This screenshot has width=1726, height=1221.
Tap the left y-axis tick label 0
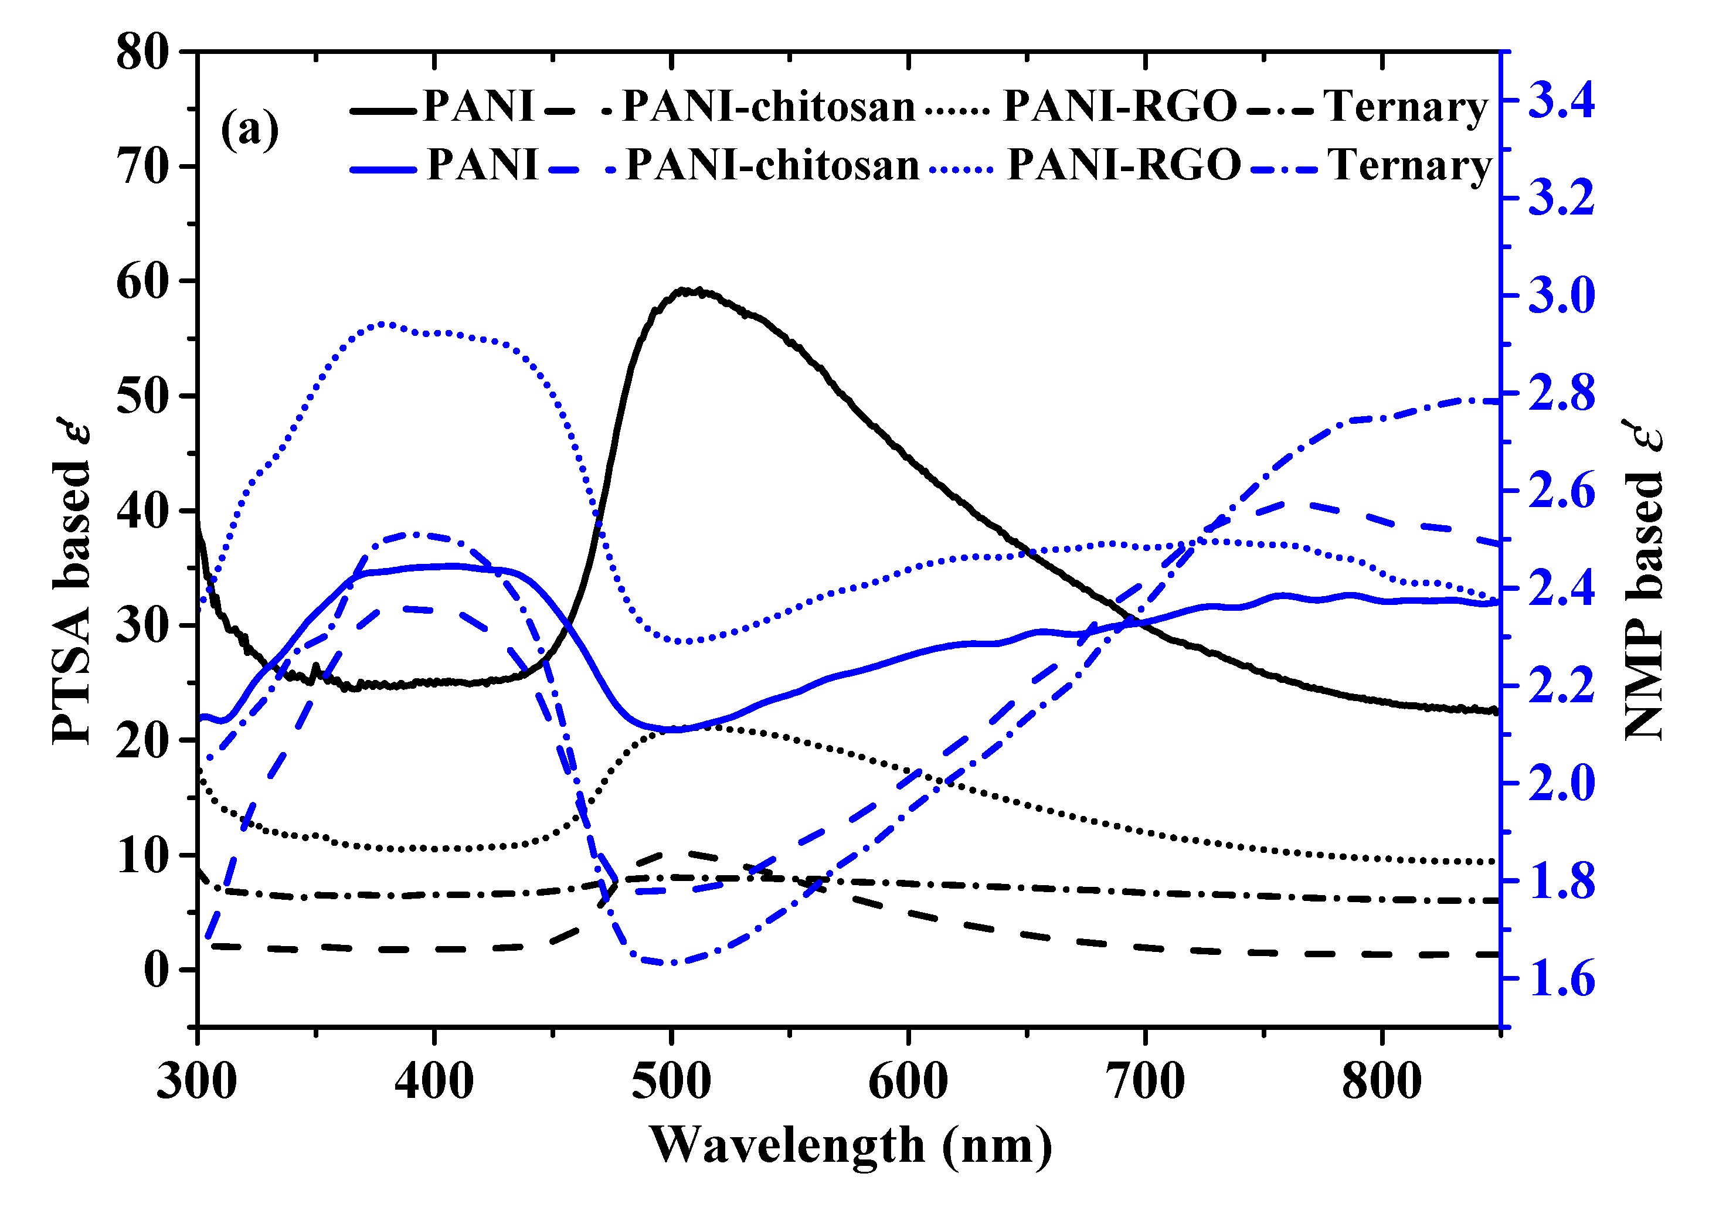pos(157,971)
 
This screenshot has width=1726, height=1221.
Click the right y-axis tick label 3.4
pos(1561,101)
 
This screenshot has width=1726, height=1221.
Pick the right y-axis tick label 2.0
pos(1561,784)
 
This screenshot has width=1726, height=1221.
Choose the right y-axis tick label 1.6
pos(1561,979)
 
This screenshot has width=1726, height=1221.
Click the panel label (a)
pos(250,130)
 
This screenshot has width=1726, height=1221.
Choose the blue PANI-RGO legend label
pos(1123,165)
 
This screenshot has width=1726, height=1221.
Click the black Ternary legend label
pos(1405,106)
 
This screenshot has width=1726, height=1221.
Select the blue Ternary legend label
pos(1409,165)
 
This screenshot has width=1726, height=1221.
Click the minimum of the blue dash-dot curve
pos(672,963)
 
